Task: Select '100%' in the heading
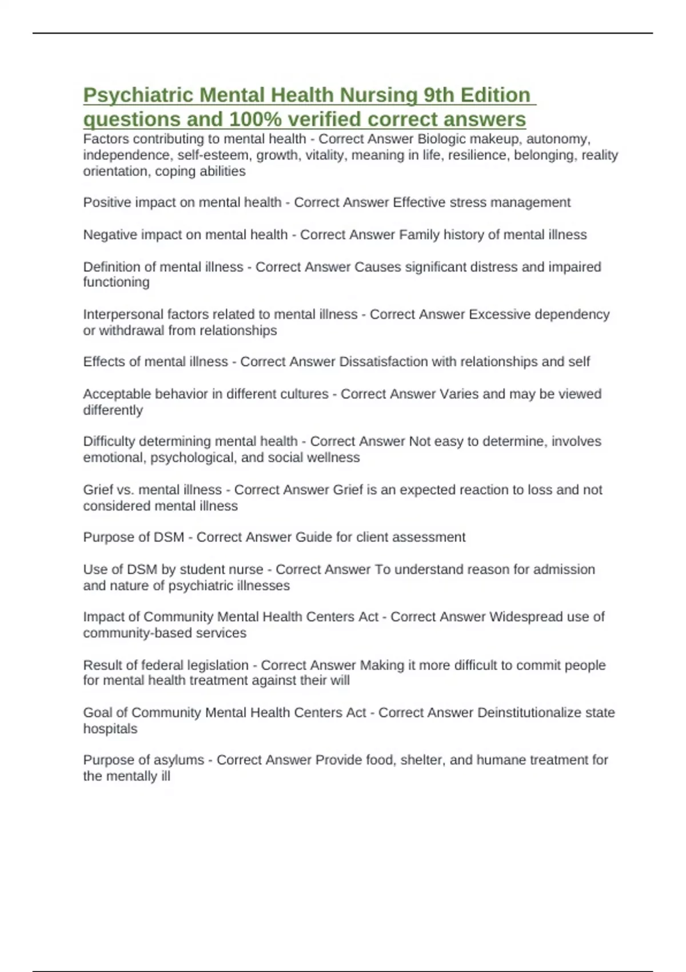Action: pos(256,119)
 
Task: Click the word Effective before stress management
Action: pos(418,202)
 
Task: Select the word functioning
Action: pos(116,282)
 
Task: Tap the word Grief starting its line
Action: pos(98,489)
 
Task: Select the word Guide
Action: pos(309,537)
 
